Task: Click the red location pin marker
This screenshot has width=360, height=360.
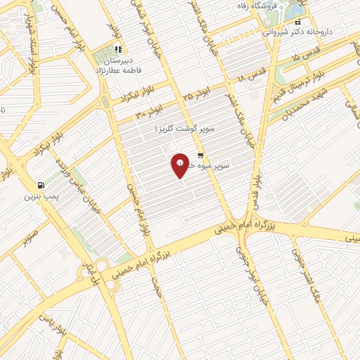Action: [x=181, y=165]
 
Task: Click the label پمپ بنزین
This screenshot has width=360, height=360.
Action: [x=39, y=196]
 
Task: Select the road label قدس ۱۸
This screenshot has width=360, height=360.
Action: [x=255, y=75]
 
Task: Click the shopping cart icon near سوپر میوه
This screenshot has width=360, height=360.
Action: [x=200, y=156]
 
